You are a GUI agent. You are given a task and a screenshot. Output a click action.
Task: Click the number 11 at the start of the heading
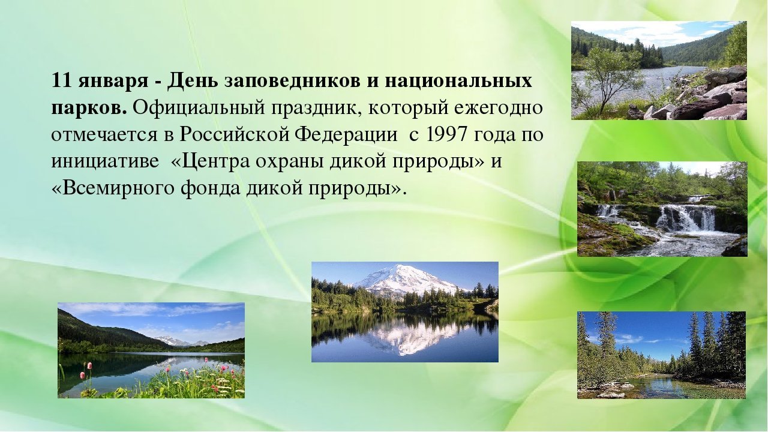[x=61, y=80]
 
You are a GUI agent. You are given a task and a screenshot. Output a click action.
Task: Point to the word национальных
[x=458, y=82]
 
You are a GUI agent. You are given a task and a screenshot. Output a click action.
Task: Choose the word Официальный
[x=199, y=107]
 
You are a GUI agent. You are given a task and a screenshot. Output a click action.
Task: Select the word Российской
[x=235, y=134]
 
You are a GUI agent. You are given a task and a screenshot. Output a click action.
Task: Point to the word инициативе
[x=105, y=162]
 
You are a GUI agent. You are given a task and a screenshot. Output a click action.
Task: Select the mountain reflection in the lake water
[x=408, y=335]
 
